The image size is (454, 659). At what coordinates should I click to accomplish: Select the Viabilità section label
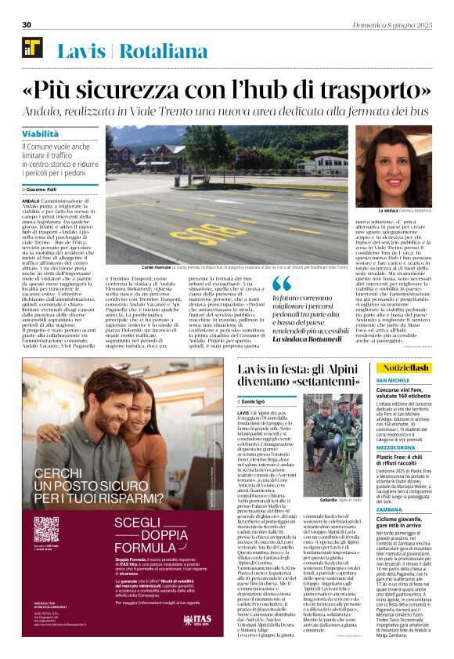pyautogui.click(x=40, y=134)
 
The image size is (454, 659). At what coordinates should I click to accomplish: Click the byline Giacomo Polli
pyautogui.click(x=46, y=190)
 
